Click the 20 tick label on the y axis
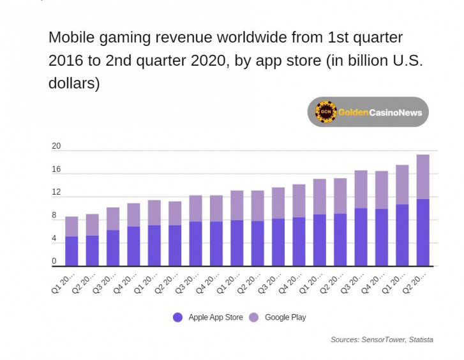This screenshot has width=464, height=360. point(56,146)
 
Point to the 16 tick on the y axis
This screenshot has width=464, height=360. point(56,170)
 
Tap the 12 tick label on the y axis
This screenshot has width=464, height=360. point(56,192)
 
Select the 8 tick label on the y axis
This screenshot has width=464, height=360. point(54,216)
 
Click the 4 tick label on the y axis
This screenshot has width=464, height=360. point(54,239)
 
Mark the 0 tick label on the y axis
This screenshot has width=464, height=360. point(54,261)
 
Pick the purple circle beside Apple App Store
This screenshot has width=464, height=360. point(178,317)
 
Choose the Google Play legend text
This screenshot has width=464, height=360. point(285,317)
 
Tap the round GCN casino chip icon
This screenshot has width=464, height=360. point(326,112)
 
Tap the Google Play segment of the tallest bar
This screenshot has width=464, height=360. point(423,177)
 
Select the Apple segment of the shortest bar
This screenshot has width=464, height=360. point(71,251)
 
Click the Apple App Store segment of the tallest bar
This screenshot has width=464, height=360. point(423,232)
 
